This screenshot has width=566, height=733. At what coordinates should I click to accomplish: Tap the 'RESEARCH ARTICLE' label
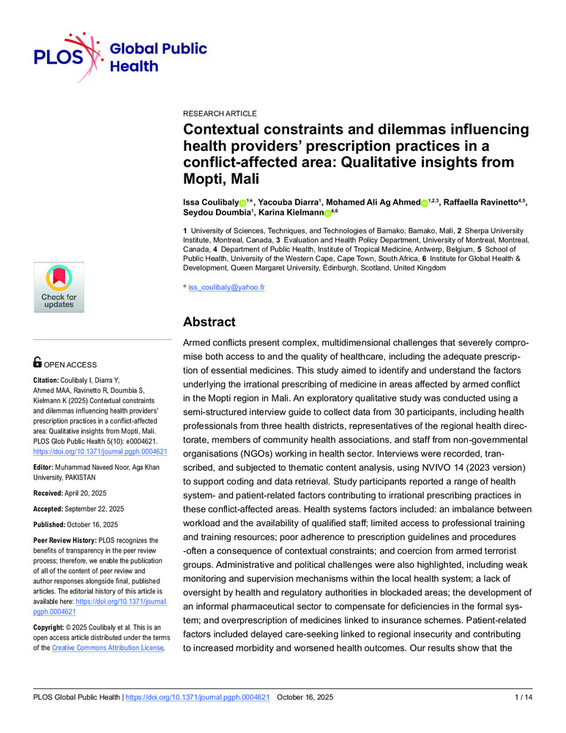tap(220, 114)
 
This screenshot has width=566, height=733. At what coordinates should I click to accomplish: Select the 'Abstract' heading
tap(209, 321)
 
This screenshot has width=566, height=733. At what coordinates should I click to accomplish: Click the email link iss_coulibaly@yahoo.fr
tap(226, 287)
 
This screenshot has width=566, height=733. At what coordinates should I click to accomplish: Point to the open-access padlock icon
tap(38, 362)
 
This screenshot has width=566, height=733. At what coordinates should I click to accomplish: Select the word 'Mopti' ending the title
tap(206, 178)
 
